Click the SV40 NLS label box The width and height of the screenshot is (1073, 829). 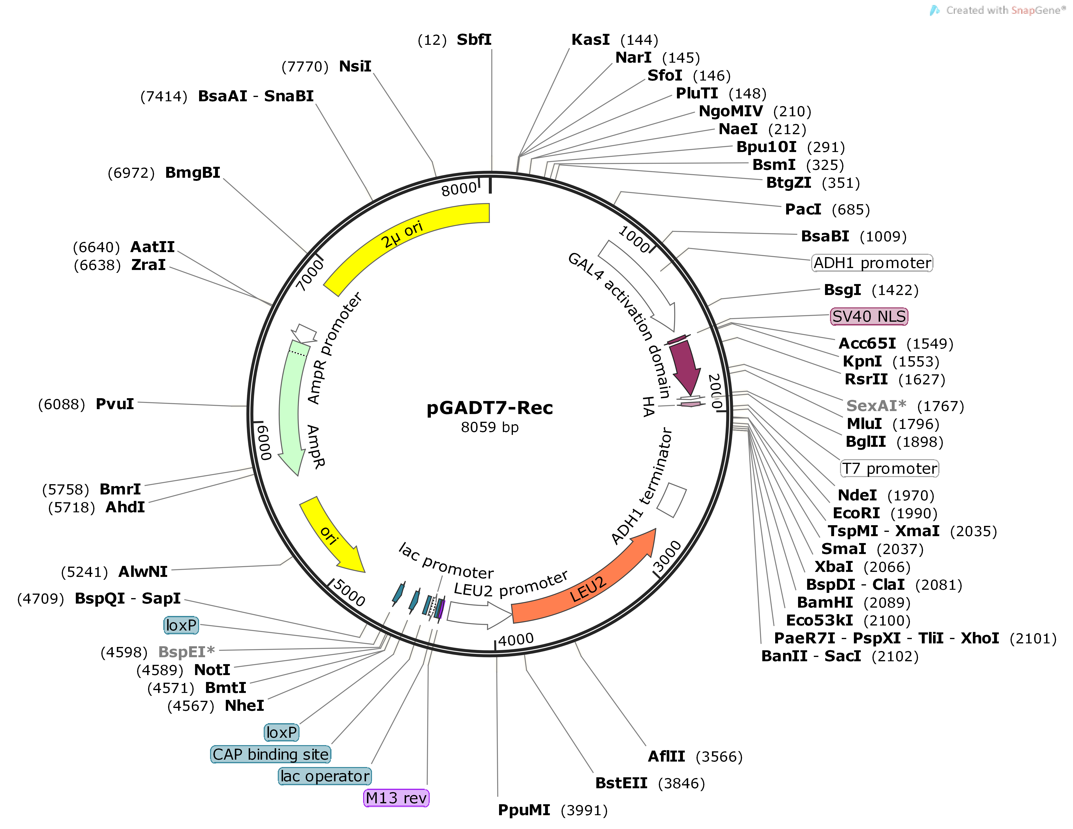click(x=869, y=316)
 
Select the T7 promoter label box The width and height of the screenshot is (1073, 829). click(x=889, y=468)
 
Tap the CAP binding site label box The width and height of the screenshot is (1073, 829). click(x=271, y=754)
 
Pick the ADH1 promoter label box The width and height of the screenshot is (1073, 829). click(x=872, y=263)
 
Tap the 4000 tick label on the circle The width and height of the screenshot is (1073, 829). click(x=515, y=639)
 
